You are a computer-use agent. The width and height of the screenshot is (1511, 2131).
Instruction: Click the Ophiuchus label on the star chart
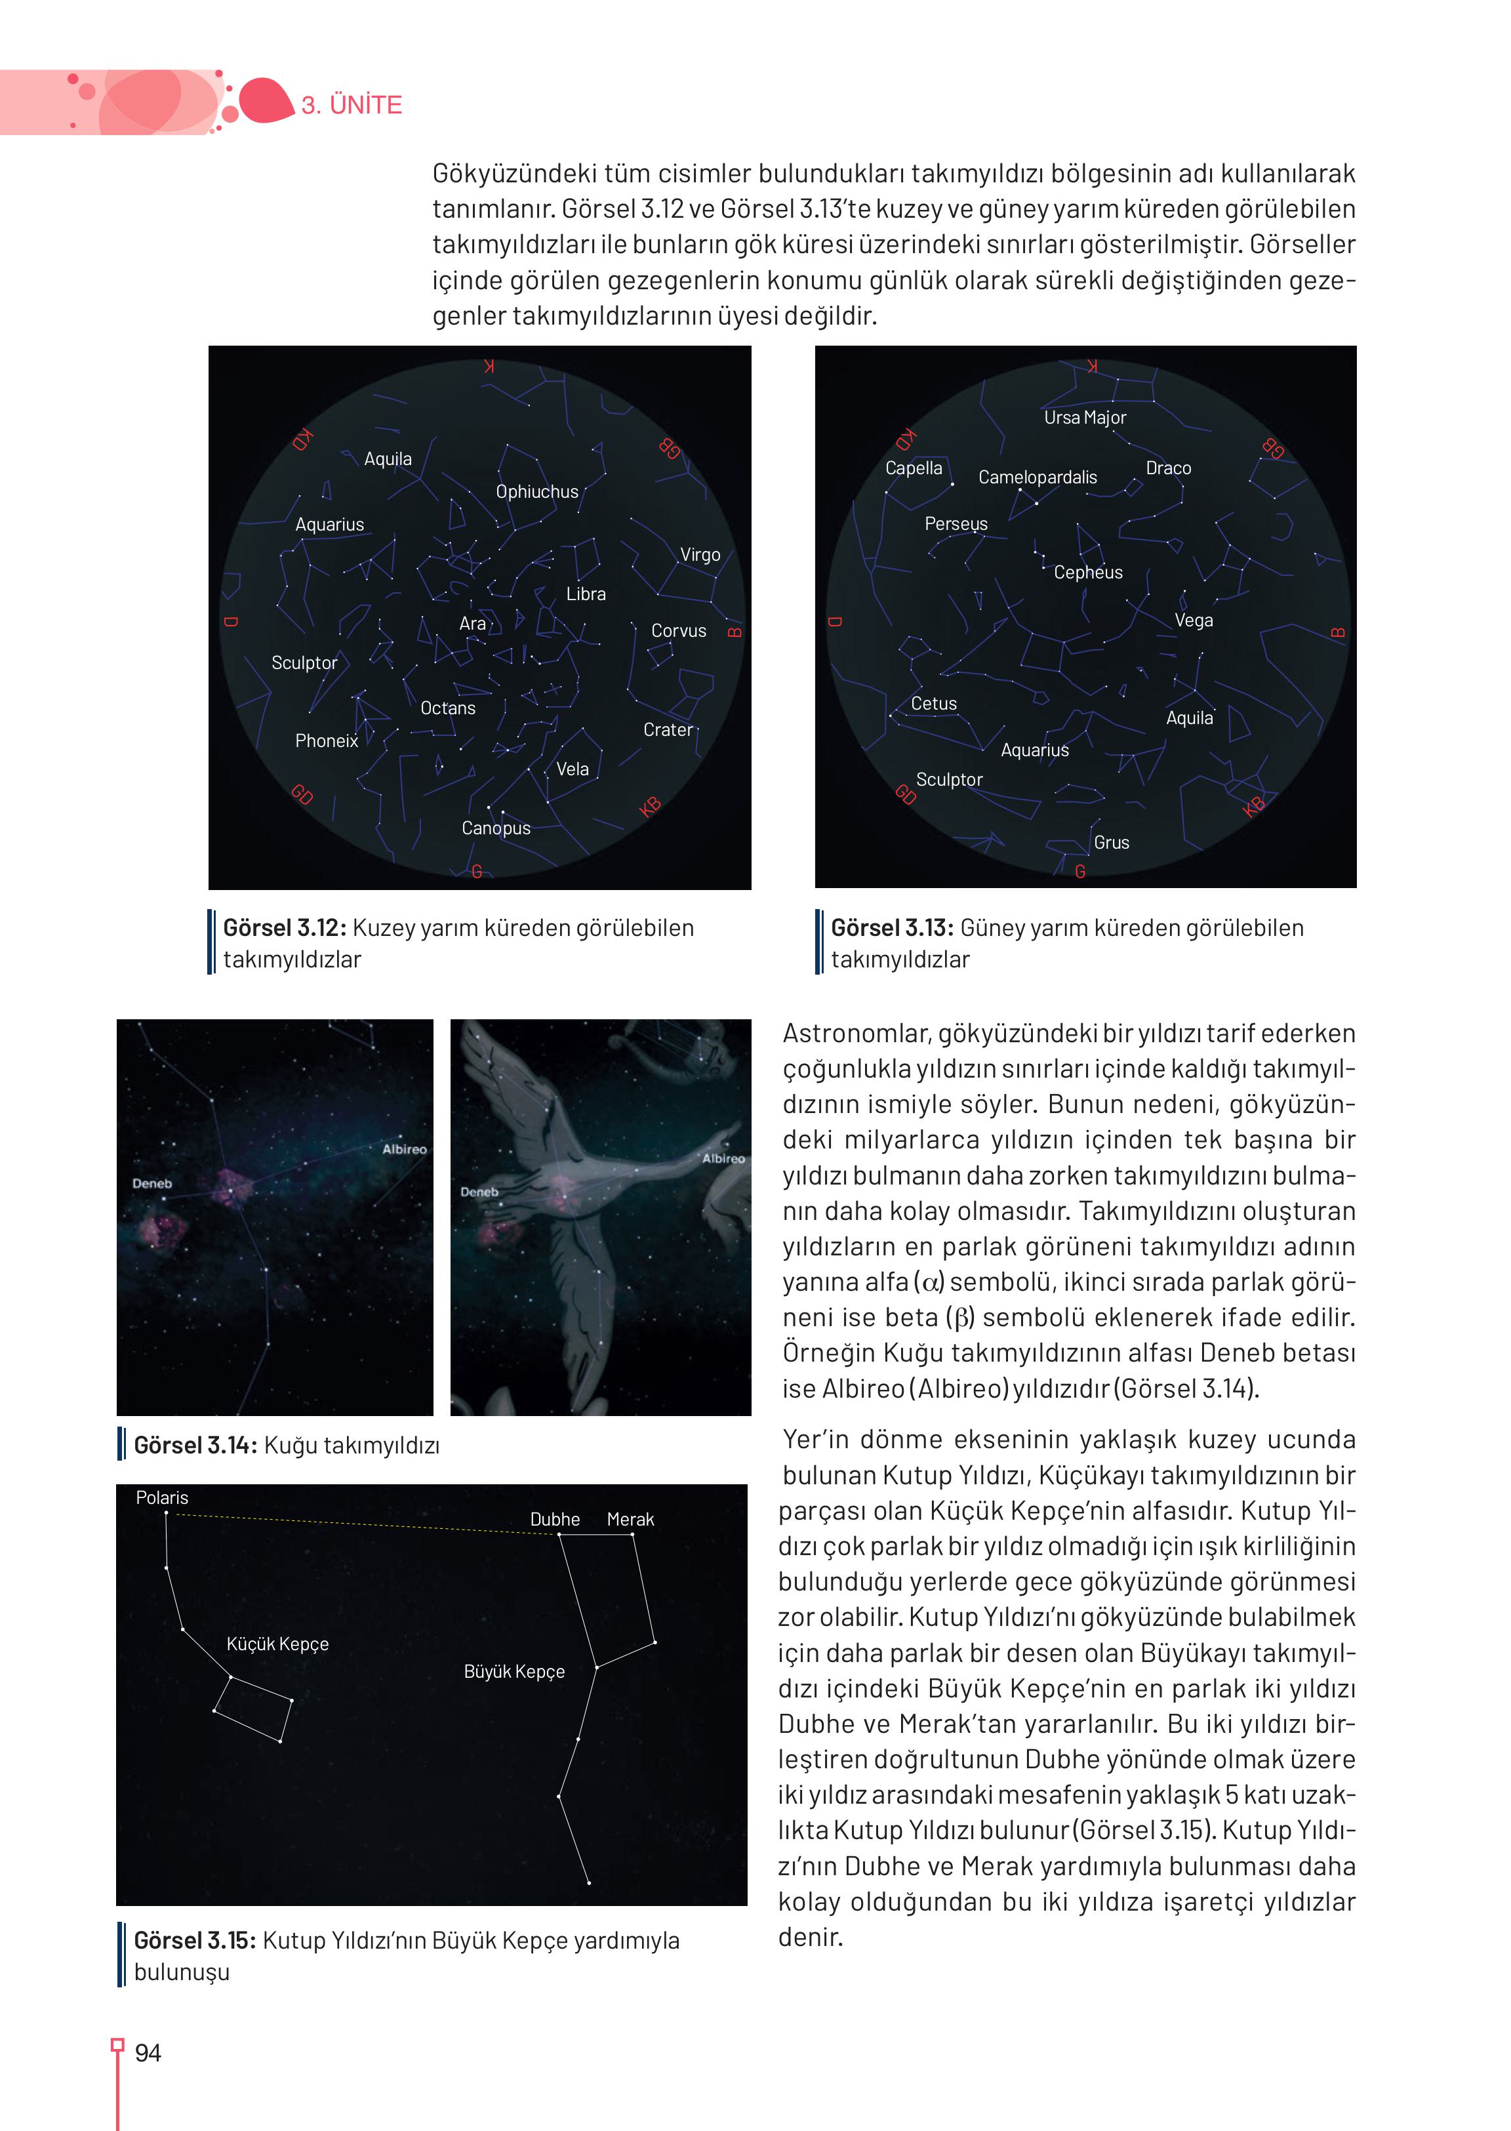537,491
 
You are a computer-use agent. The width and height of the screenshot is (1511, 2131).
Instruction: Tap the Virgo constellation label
700,555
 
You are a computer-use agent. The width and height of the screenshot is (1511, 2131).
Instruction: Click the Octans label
447,708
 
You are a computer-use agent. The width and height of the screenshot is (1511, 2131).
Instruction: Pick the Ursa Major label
1085,418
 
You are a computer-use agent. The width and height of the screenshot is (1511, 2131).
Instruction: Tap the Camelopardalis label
1038,477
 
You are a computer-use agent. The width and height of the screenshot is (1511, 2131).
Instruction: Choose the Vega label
1193,620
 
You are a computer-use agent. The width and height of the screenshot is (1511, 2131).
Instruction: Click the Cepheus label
1087,573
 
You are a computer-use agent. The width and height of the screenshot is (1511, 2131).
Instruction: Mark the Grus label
1111,842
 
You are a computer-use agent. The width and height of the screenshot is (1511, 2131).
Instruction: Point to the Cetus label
933,704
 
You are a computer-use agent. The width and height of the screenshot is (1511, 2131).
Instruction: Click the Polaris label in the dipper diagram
162,1497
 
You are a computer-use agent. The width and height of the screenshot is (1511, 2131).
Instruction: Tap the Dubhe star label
555,1518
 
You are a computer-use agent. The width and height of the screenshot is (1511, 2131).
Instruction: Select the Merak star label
630,1518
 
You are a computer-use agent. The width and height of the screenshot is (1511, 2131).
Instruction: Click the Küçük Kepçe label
277,1644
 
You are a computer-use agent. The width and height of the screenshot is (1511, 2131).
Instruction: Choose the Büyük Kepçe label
514,1671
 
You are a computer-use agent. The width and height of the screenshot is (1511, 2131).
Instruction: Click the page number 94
148,2053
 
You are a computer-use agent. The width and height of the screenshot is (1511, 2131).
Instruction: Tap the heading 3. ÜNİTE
352,104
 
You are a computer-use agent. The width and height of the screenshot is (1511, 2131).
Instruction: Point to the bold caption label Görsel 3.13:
891,928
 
